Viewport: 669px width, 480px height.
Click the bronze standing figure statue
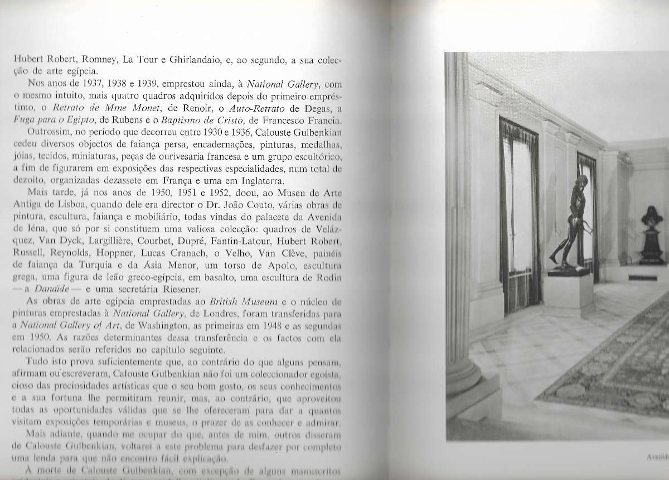(x=570, y=223)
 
